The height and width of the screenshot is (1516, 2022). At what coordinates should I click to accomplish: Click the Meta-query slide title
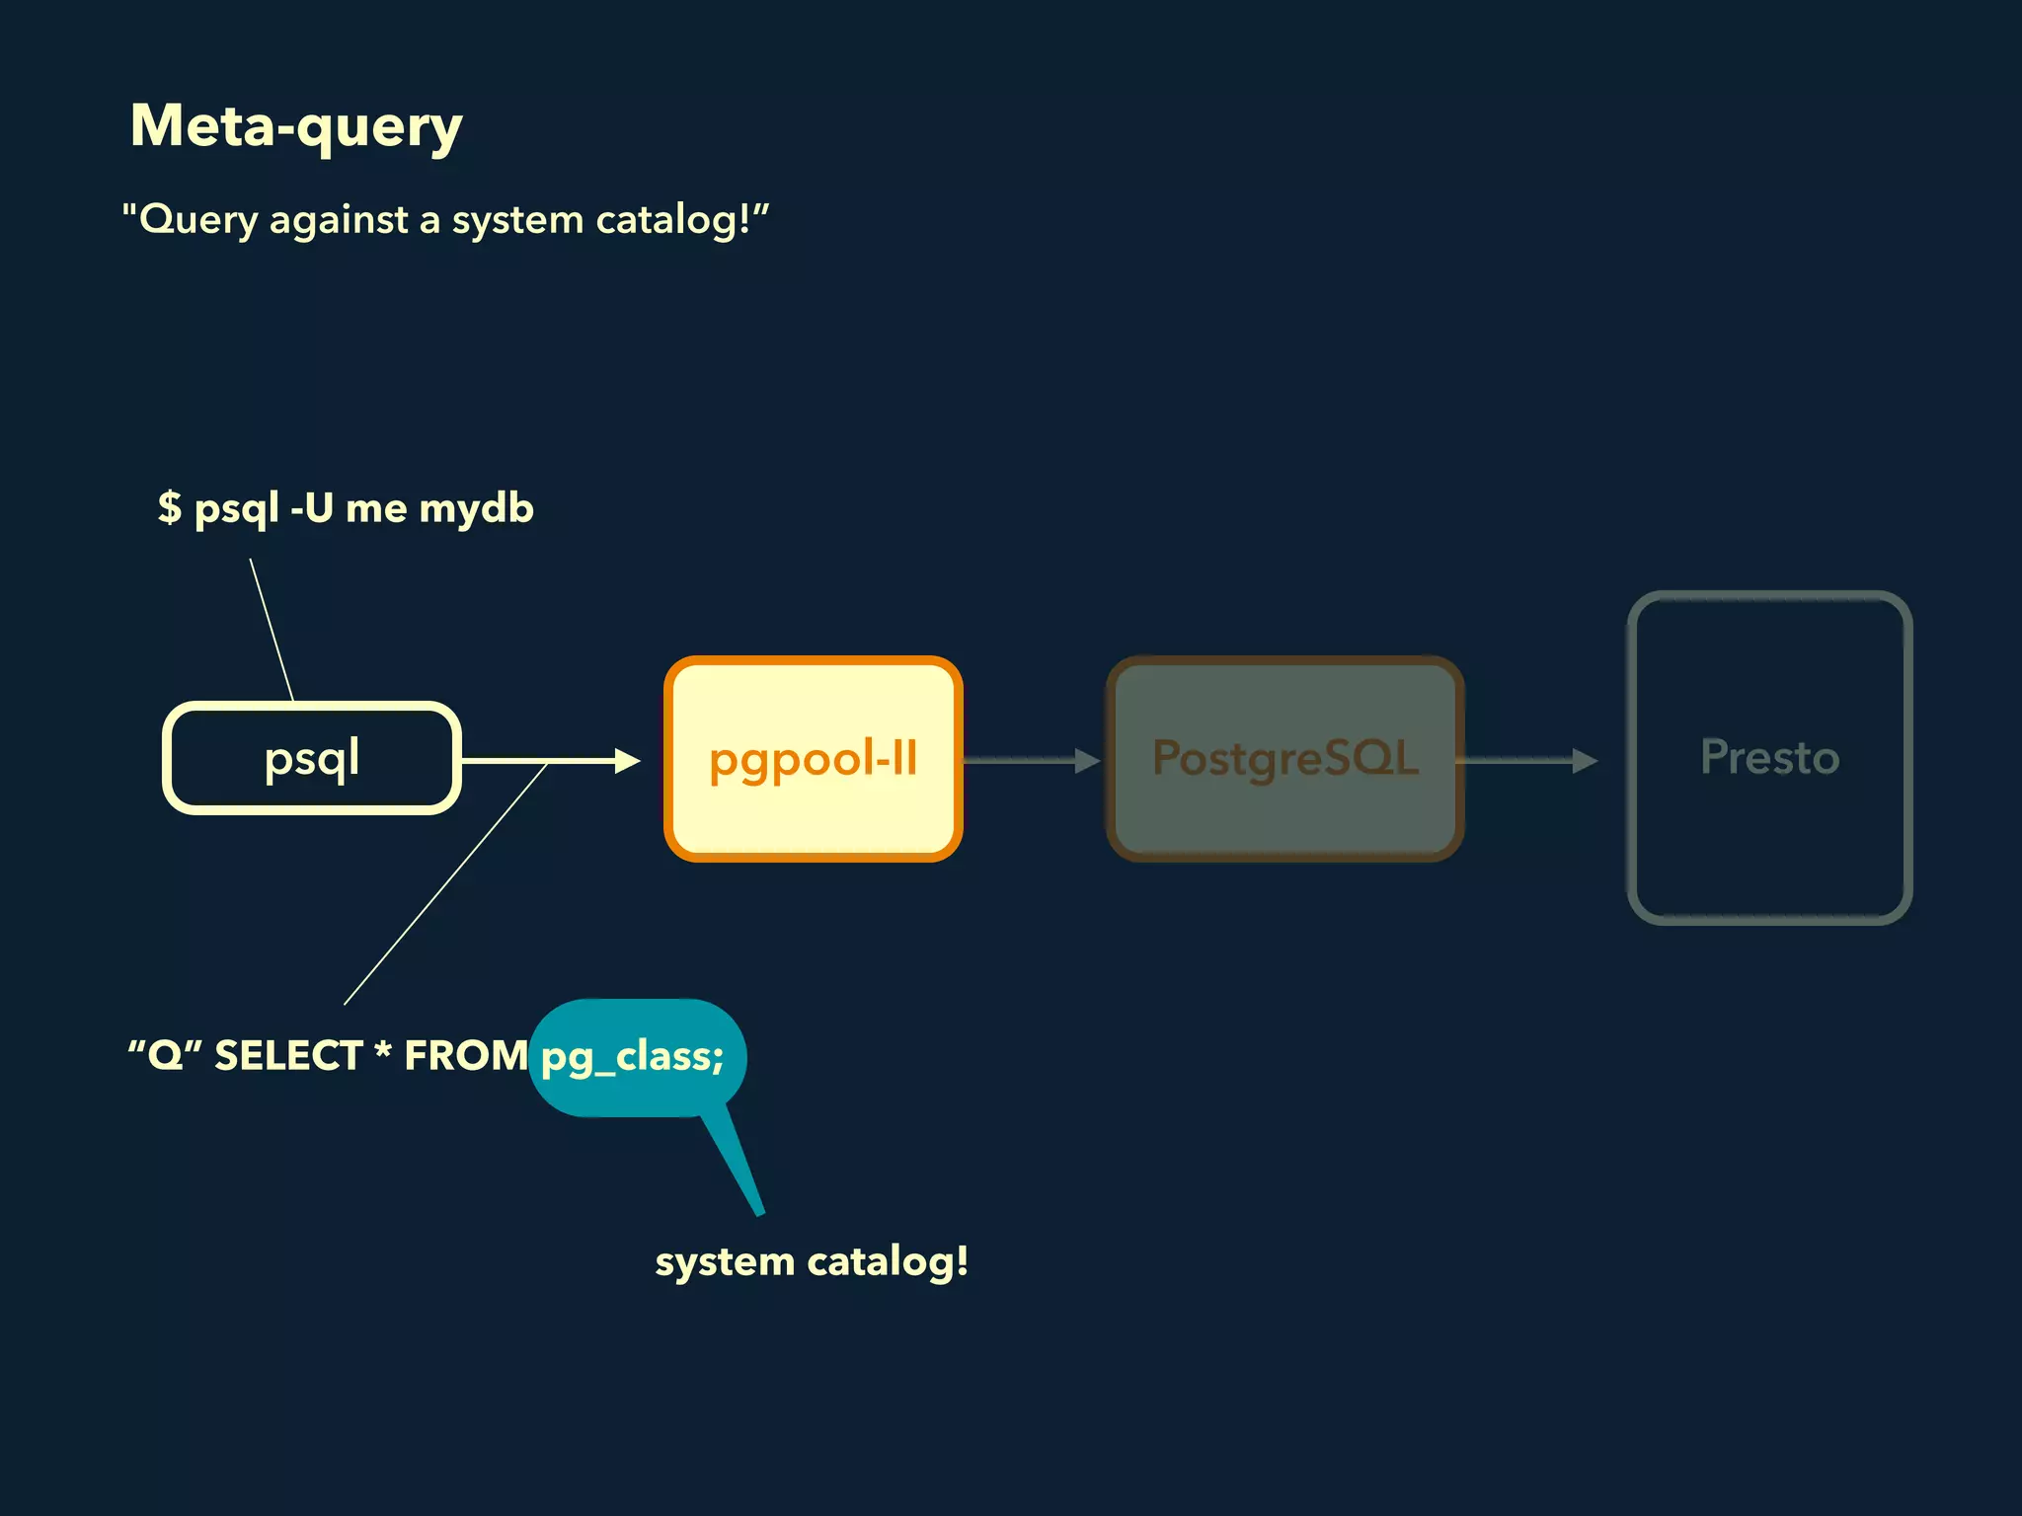pos(296,126)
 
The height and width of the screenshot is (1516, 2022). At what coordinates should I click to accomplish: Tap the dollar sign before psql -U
pos(170,507)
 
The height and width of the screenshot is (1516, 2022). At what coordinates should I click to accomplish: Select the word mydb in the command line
pos(476,509)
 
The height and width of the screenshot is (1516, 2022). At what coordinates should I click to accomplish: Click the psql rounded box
pos(312,758)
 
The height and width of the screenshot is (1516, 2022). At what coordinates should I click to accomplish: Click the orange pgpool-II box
pos(814,758)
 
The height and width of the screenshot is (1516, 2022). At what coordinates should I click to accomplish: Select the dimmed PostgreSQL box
pos(1284,758)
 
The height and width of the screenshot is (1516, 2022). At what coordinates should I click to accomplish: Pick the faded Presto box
pos(1769,758)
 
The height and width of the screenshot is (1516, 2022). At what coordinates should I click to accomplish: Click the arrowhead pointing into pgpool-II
pos(627,760)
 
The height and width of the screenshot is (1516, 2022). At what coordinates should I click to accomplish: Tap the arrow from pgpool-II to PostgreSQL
pos(1032,760)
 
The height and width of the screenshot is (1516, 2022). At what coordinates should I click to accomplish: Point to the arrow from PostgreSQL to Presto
pos(1525,760)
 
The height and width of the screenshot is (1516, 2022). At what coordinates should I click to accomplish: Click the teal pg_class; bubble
pos(636,1056)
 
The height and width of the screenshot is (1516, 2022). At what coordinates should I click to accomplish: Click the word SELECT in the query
pos(288,1056)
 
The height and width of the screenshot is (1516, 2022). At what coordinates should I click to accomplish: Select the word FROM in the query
pos(466,1056)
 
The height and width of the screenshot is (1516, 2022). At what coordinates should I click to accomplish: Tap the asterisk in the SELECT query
pos(383,1051)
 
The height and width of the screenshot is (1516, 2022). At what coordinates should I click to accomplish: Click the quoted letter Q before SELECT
pos(165,1056)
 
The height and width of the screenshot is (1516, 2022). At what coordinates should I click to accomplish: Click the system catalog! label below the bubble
pos(812,1261)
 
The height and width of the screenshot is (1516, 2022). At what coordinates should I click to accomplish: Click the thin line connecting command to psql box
pos(272,630)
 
